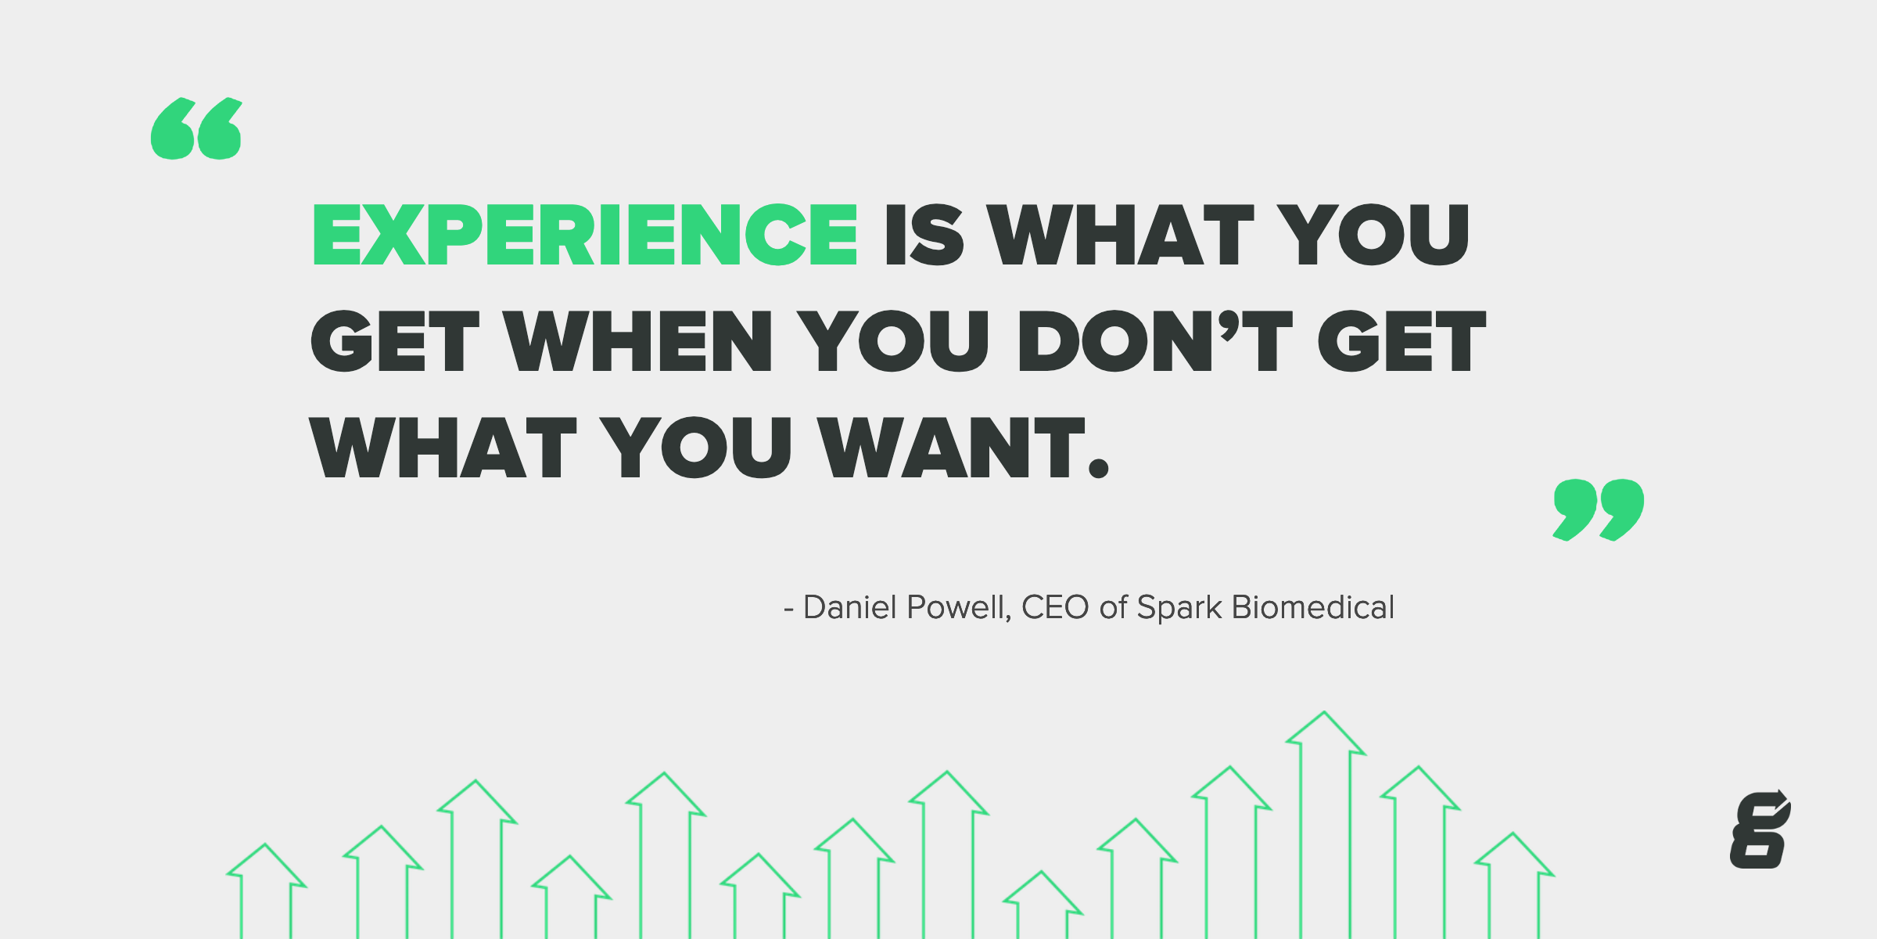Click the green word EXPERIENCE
585,235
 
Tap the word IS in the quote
924,235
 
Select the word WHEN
638,341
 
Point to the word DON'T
1154,341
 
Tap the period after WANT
1099,467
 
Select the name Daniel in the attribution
849,607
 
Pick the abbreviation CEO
1055,607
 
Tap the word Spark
1179,607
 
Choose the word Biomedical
1312,607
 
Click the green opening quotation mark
196,129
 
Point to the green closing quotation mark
1599,509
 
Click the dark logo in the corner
1760,830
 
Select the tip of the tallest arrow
1324,714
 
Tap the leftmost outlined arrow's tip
265,846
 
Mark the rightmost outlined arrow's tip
1513,835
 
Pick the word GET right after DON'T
1401,341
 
